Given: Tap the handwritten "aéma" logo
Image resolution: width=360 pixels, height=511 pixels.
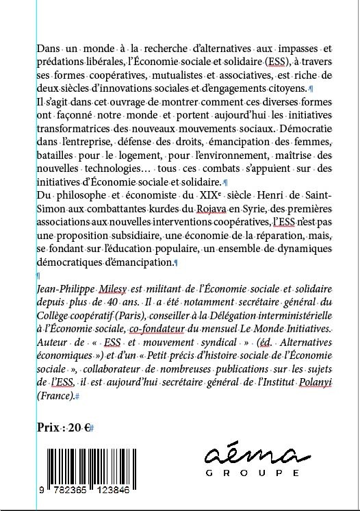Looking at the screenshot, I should click(259, 453).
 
